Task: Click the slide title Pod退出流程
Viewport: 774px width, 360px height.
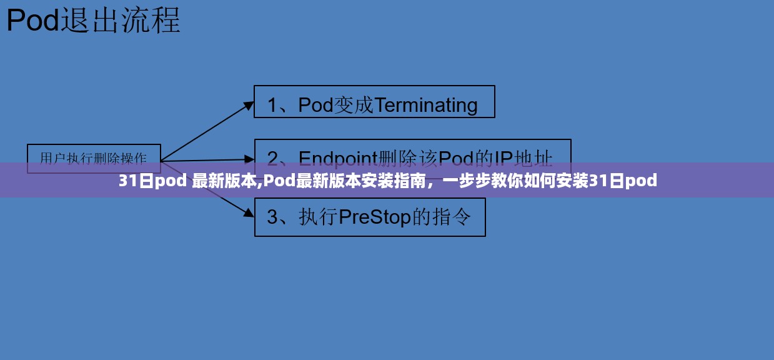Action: [x=94, y=21]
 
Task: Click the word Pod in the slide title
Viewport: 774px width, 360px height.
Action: [x=32, y=21]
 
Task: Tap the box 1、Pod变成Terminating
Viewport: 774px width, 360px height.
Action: [x=374, y=102]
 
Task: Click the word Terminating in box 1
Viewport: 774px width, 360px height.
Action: [x=427, y=105]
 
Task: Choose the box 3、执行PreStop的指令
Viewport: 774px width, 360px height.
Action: [x=370, y=217]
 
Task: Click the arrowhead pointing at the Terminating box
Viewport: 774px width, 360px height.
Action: [x=249, y=105]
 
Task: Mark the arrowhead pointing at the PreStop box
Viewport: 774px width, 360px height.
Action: [x=249, y=212]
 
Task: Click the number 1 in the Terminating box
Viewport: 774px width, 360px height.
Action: [x=272, y=105]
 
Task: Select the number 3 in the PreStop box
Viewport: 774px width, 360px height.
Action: [x=272, y=217]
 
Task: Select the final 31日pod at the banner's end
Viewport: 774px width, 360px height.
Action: [x=623, y=181]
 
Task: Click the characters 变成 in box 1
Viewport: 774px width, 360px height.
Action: [x=354, y=105]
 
